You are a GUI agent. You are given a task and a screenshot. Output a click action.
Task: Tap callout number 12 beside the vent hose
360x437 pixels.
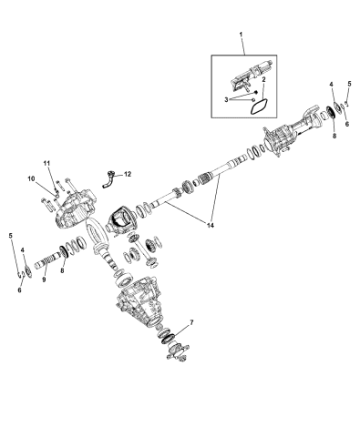(x=128, y=173)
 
